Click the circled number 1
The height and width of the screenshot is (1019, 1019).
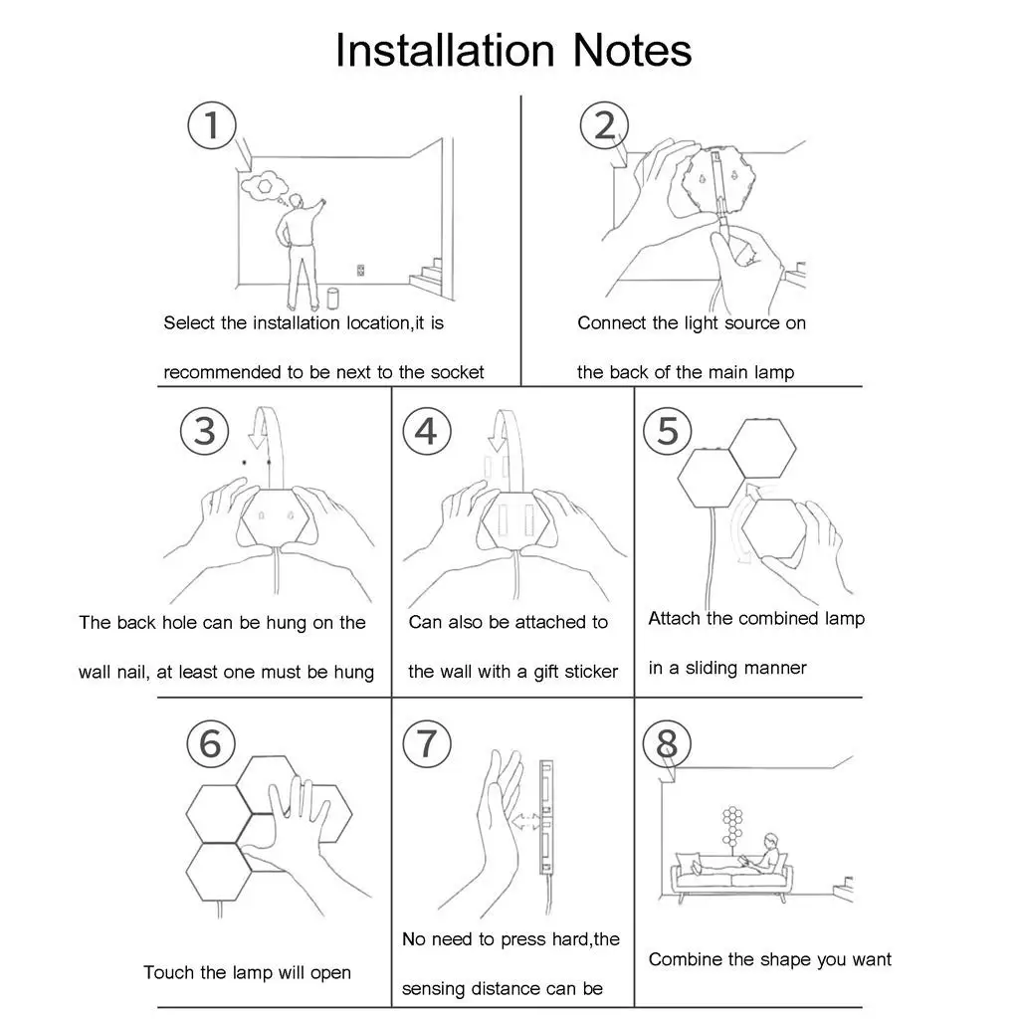coord(212,127)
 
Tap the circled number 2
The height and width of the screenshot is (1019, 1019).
coord(604,126)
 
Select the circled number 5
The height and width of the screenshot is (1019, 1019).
coord(667,431)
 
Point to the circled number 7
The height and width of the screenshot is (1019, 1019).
coord(426,743)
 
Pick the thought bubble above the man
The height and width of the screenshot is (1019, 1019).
coord(266,186)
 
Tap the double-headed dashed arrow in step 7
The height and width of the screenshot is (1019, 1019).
coord(528,823)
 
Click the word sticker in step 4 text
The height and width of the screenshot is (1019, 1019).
coord(591,672)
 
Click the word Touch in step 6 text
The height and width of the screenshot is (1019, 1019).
coord(168,972)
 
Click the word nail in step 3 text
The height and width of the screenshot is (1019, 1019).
coord(132,672)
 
